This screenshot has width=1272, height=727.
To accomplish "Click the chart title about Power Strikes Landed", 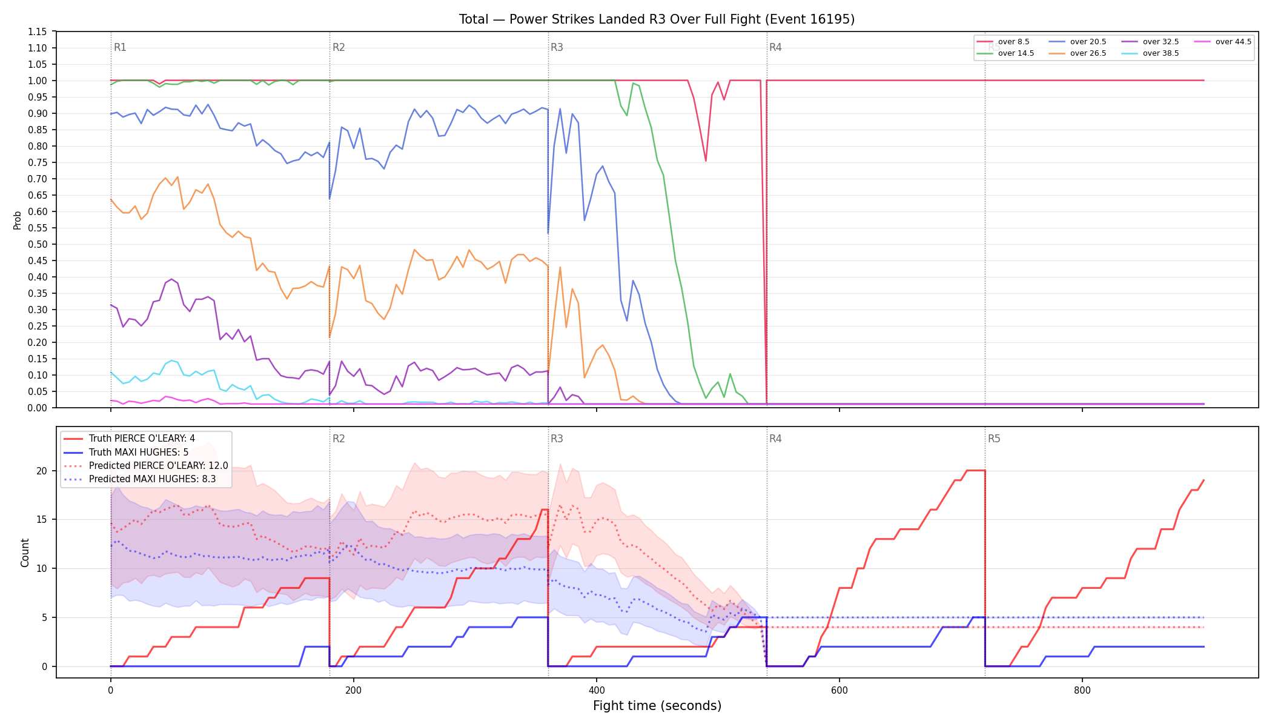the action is pos(657,19).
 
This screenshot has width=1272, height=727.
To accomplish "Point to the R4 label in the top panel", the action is pos(775,47).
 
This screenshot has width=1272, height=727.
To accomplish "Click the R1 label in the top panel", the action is pos(120,47).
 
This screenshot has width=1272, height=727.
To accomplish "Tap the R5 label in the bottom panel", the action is pos(994,439).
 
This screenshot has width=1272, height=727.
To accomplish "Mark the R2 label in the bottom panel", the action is pos(339,439).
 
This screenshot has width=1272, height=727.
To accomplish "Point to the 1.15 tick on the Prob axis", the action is pos(38,32).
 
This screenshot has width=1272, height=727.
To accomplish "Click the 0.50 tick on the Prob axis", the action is pos(38,244).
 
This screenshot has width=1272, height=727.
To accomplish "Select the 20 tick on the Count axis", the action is pos(41,471).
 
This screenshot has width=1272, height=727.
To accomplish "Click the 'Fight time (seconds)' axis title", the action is pos(657,706).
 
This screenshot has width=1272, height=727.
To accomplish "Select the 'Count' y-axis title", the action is pos(25,553).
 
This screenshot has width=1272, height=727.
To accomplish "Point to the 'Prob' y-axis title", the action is pos(17,220).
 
